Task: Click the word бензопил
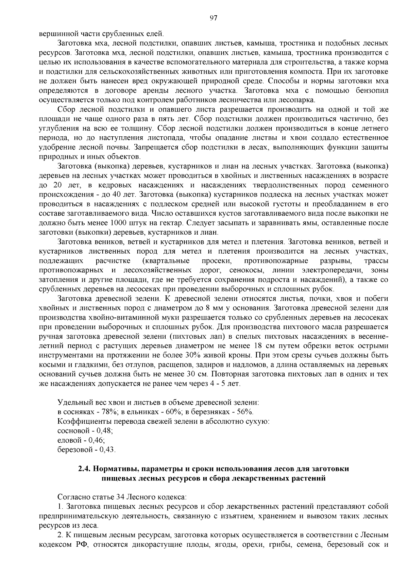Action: [x=372, y=91]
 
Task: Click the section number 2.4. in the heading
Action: [x=84, y=469]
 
